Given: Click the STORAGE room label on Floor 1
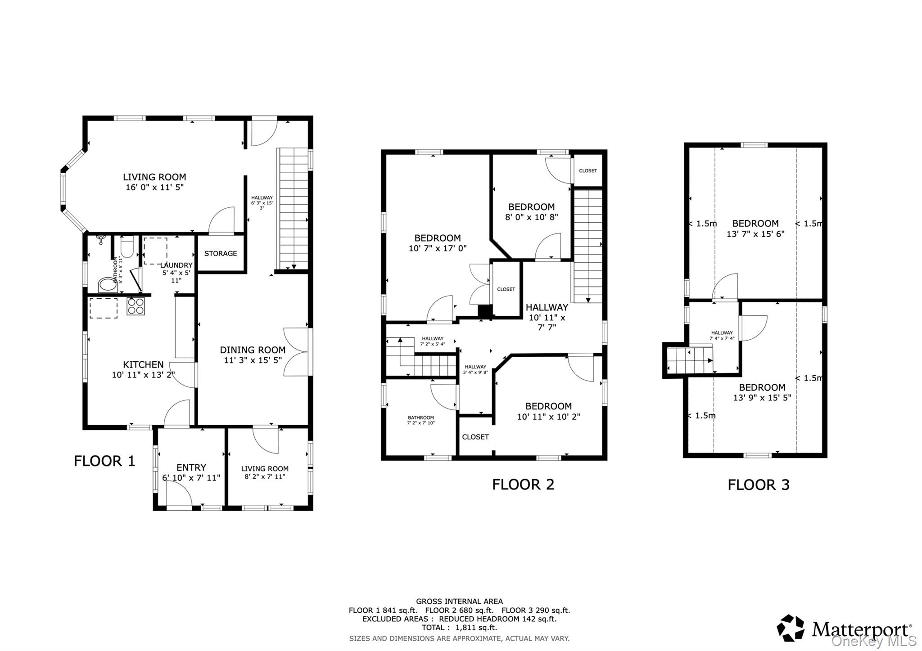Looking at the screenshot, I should click(220, 254).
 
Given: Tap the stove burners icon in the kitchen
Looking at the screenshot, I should click(136, 306).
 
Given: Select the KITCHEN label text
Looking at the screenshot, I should click(143, 364).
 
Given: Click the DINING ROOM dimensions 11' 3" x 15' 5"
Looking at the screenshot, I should click(253, 360).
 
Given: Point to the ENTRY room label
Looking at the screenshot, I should click(191, 467).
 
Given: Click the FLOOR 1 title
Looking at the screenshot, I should click(104, 461).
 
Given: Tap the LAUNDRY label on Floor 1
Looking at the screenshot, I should click(177, 265).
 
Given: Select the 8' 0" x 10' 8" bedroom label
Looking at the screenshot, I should click(531, 217).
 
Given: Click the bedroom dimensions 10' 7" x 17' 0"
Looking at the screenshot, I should click(437, 248).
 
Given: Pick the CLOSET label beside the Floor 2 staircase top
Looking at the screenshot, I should click(588, 171).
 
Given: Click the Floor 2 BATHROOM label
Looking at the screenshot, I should click(420, 418).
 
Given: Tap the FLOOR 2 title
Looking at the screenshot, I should click(523, 485).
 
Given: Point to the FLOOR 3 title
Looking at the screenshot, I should click(758, 485).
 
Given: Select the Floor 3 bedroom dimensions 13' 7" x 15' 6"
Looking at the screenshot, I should click(755, 234).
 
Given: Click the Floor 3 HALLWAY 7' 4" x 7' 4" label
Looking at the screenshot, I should click(722, 336).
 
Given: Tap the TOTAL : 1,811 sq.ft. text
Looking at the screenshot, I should click(459, 628).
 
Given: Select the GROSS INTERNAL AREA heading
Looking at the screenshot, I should click(459, 602).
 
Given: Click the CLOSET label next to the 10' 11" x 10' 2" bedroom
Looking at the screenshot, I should click(475, 437).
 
